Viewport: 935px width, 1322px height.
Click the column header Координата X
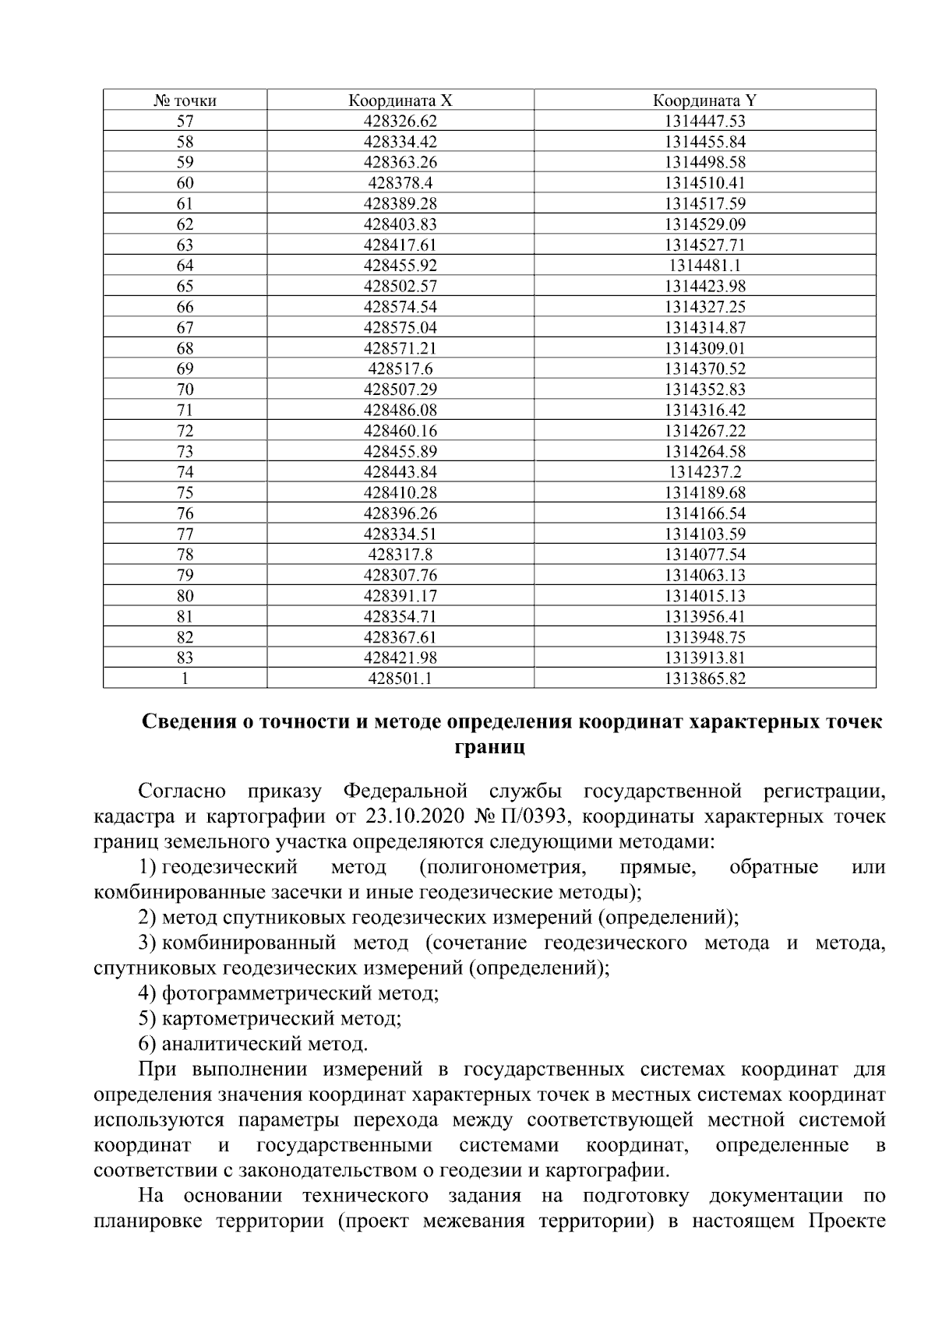[x=400, y=100]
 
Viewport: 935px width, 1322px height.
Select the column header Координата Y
[x=704, y=100]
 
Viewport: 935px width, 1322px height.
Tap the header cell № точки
[x=185, y=100]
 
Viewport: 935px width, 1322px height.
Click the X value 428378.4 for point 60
[x=400, y=183]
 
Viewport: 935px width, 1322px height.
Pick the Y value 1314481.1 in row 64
[x=704, y=266]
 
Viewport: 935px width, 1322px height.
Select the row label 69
[x=185, y=369]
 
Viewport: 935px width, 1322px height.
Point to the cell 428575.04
[x=400, y=328]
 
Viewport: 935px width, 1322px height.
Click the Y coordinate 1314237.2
[x=704, y=472]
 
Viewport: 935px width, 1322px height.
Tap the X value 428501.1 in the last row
[x=400, y=679]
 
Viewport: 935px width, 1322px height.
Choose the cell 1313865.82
[x=704, y=679]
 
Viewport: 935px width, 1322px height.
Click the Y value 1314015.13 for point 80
[x=704, y=596]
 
